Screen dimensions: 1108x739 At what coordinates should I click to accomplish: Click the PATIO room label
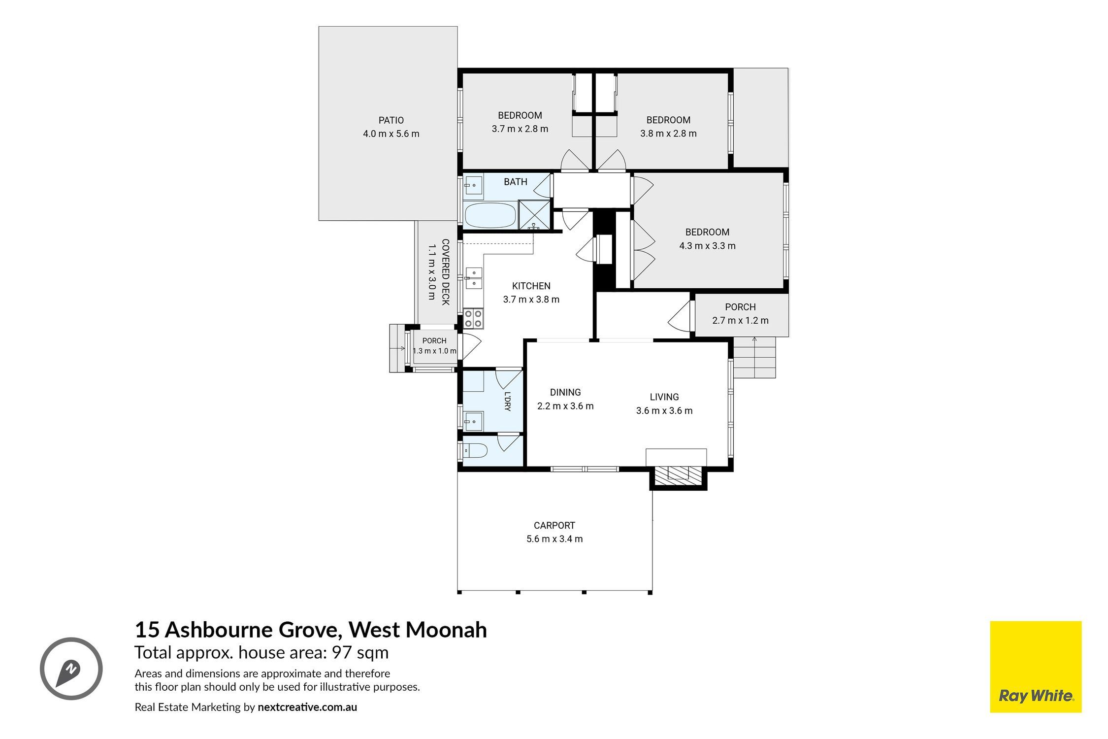[x=391, y=120]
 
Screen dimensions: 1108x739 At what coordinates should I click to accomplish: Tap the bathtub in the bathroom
[x=490, y=216]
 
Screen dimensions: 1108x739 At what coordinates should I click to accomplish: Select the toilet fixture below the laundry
[x=475, y=450]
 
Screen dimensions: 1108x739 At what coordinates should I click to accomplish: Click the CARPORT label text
[x=554, y=526]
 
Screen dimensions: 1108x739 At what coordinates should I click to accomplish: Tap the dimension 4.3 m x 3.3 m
[x=707, y=246]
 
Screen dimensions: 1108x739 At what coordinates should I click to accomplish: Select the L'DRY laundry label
[x=508, y=401]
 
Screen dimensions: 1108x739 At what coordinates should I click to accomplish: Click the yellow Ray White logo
[x=1036, y=673]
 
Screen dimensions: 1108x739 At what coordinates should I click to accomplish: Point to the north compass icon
[x=71, y=669]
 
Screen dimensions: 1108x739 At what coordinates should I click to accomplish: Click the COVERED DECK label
[x=445, y=272]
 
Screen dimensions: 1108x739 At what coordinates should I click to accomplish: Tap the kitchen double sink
[x=474, y=278]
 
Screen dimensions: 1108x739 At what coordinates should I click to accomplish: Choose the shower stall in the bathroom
[x=534, y=216]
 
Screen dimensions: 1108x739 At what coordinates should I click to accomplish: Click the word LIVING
[x=664, y=397]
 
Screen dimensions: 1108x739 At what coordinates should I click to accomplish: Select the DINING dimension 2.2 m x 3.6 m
[x=565, y=406]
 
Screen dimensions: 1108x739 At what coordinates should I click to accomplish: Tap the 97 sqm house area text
[x=360, y=653]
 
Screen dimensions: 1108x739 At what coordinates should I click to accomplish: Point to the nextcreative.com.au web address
[x=307, y=707]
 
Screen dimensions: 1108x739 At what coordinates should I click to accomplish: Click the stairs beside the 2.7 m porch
[x=754, y=357]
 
